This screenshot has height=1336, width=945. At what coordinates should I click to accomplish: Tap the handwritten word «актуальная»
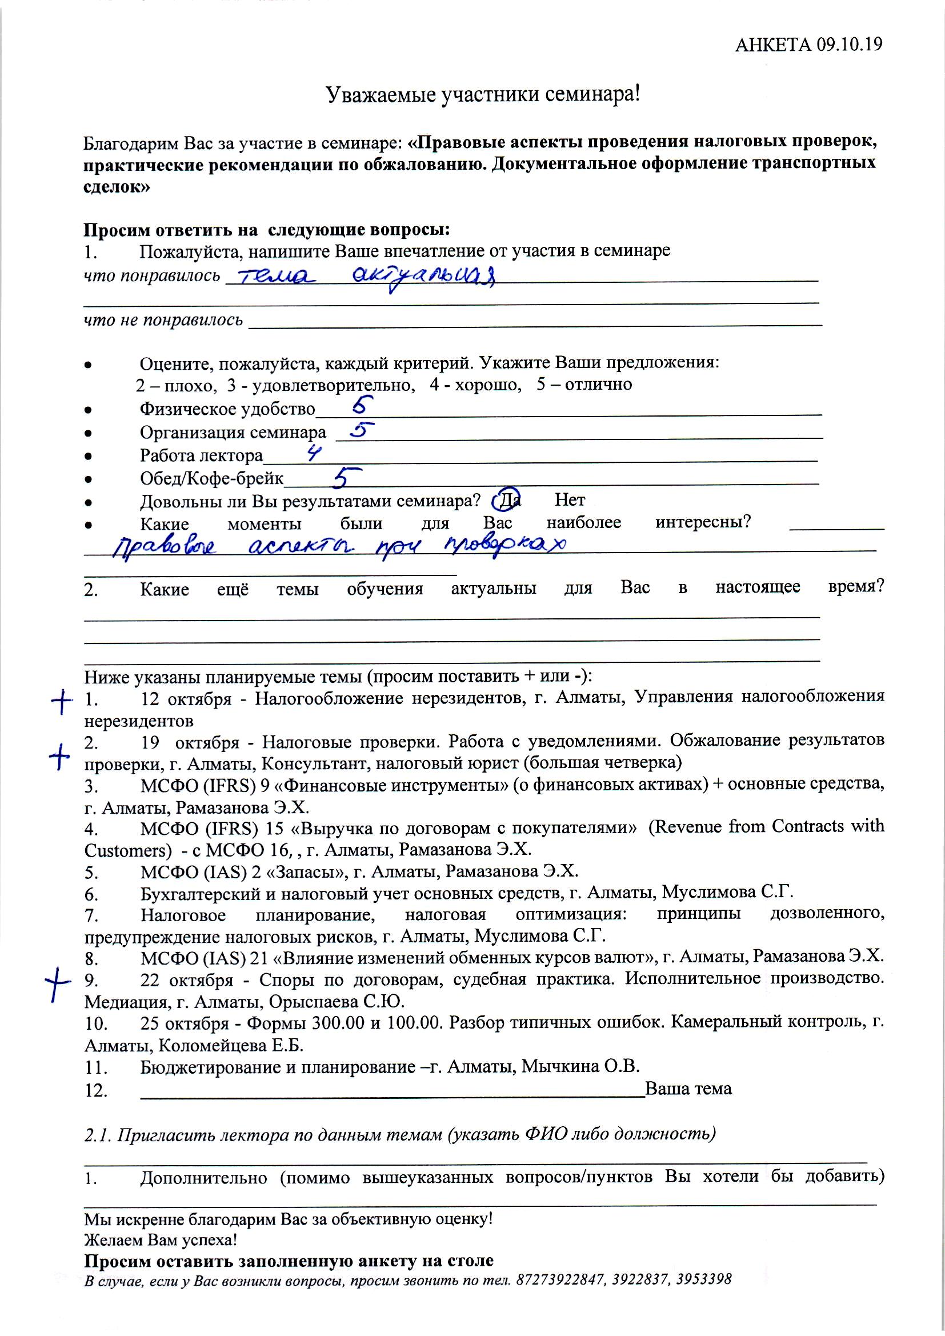coord(424,278)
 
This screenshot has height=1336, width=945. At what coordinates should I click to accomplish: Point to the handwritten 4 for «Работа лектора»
coord(314,453)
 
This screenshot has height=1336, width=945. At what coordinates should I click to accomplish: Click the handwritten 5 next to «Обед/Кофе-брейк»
coord(347,477)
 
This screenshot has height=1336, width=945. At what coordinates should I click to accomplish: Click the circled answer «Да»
coord(510,500)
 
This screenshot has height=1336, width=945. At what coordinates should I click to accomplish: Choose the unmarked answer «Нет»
coord(570,500)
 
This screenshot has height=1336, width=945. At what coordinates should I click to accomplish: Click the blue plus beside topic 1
coord(61,702)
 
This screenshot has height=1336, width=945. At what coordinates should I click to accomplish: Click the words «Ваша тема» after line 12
coord(688,1089)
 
